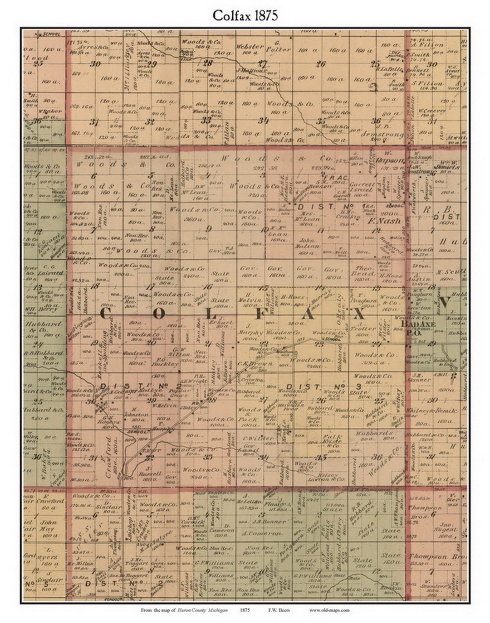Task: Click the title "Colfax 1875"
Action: tap(245, 16)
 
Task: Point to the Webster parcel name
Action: tap(250, 47)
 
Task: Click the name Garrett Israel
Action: tap(363, 187)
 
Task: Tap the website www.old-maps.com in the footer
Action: tap(329, 610)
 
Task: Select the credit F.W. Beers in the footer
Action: tap(280, 610)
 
